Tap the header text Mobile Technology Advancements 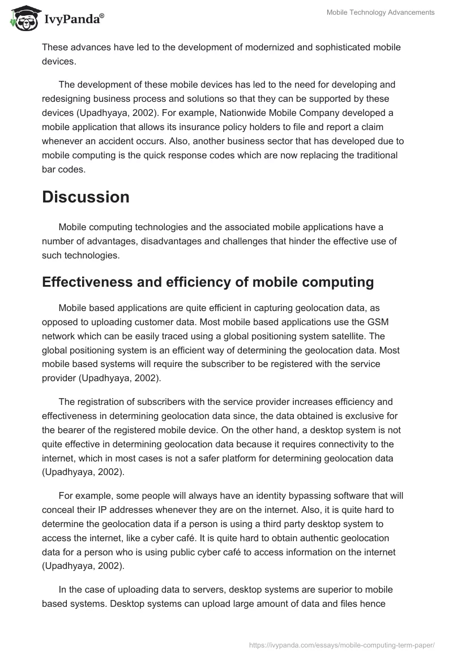pyautogui.click(x=381, y=12)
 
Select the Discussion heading pyautogui.click(x=86, y=197)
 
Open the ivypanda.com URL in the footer pyautogui.click(x=342, y=645)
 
